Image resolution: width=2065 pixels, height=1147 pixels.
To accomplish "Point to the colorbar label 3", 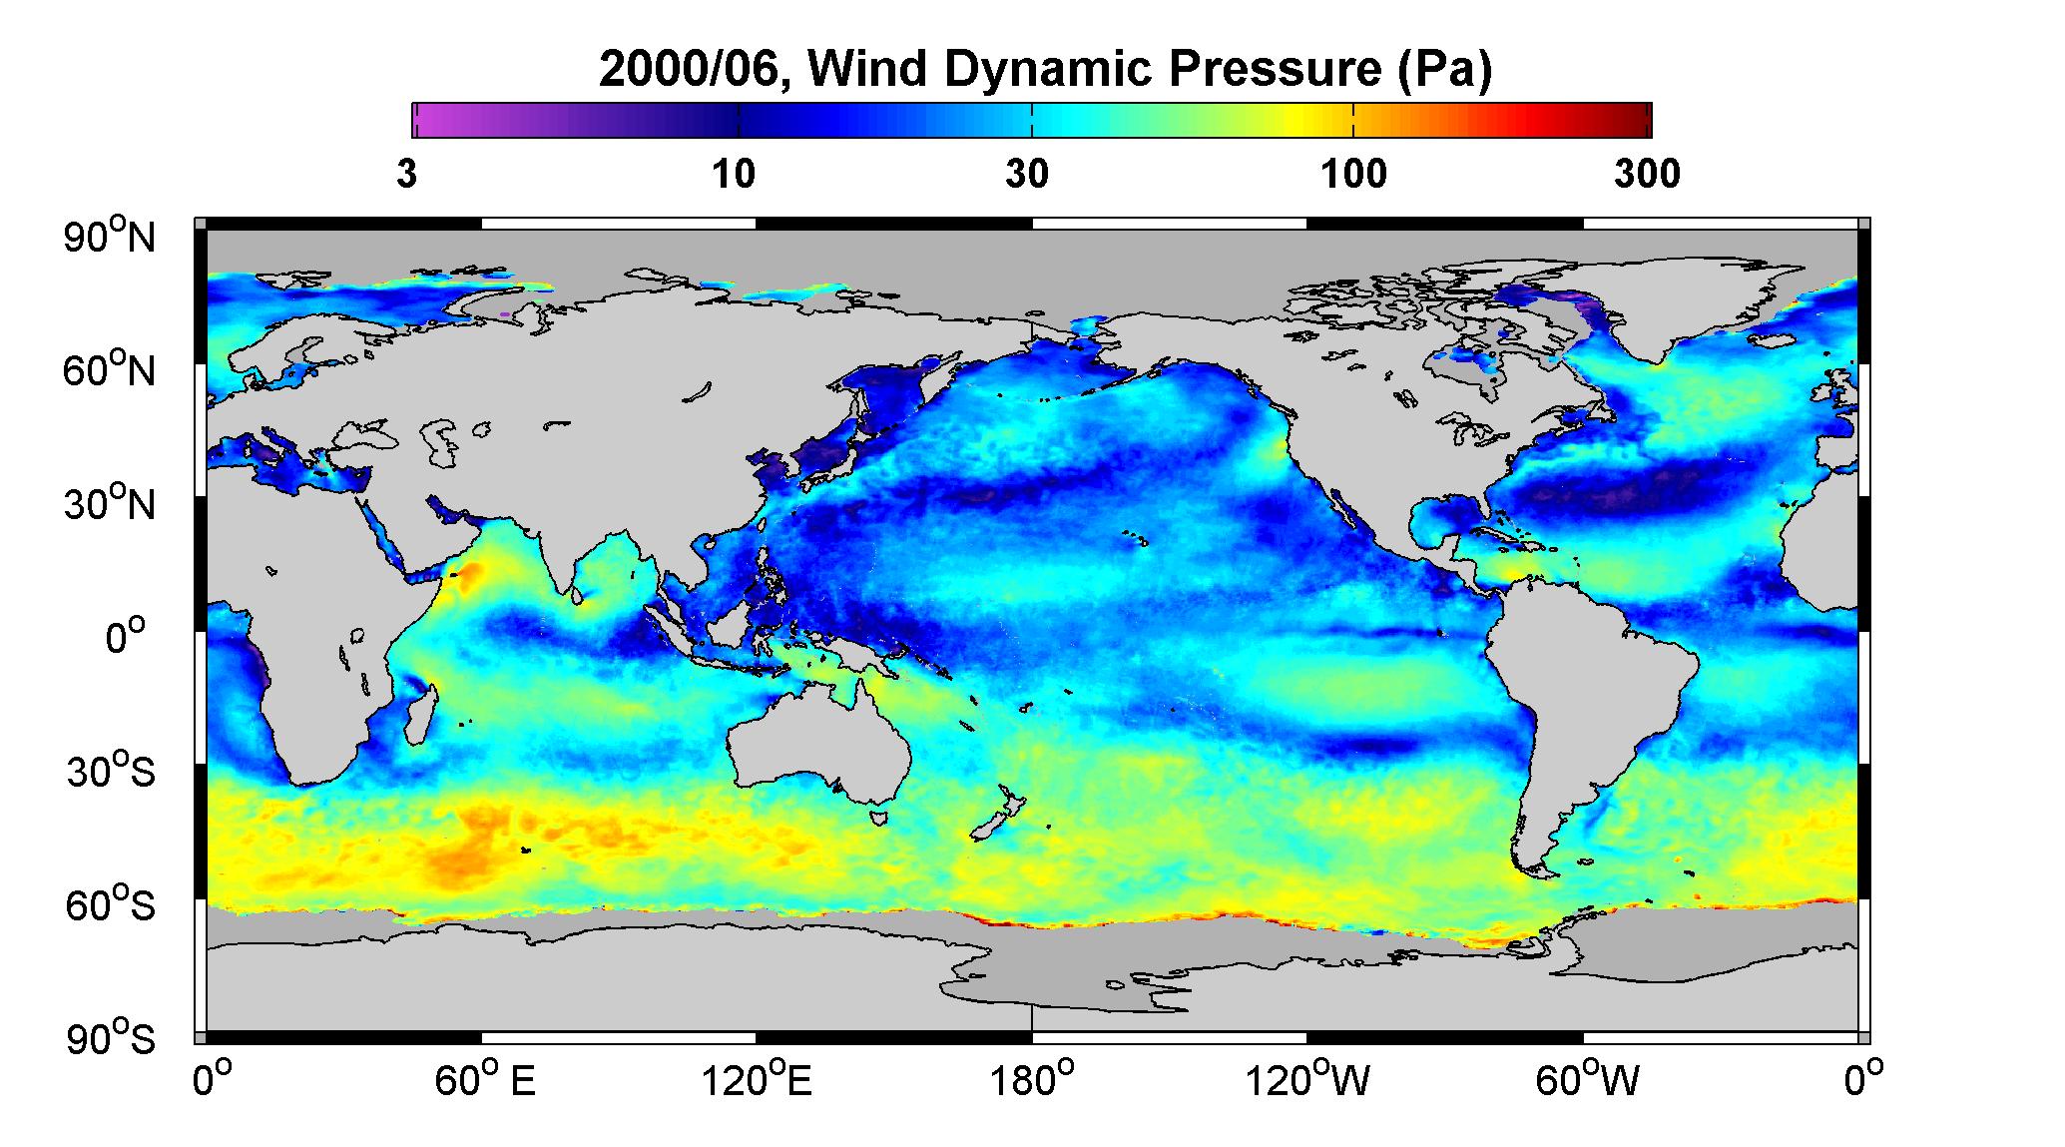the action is [x=406, y=175].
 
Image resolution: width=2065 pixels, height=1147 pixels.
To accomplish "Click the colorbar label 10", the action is [x=735, y=175].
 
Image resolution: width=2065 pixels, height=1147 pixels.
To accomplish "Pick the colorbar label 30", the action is [x=1028, y=175].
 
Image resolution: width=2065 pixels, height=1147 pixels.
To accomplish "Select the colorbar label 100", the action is [x=1354, y=175].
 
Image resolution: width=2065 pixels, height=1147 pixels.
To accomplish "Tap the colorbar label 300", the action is [x=1647, y=175].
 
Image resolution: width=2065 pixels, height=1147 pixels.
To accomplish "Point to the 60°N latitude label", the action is [x=111, y=370].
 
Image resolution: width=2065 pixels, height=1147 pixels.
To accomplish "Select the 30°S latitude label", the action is [x=111, y=772].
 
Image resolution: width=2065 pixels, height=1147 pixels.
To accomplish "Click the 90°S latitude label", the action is [x=111, y=1038].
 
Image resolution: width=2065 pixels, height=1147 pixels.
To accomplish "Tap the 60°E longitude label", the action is [x=485, y=1081].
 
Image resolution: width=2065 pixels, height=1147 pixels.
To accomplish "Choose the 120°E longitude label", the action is [x=756, y=1081].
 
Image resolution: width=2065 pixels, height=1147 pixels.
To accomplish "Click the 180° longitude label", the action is [x=1033, y=1081].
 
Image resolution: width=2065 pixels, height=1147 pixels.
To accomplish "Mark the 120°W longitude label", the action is [x=1307, y=1081].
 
